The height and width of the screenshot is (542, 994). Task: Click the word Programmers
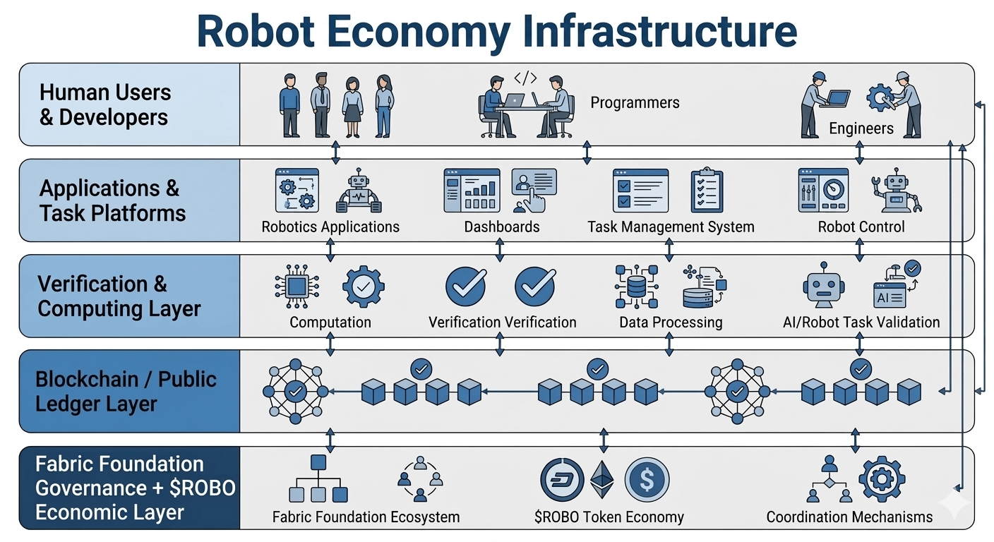635,103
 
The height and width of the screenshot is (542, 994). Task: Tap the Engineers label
861,128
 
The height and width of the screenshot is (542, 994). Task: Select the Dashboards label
501,227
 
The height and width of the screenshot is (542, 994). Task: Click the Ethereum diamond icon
602,480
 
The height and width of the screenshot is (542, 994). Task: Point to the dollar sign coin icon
647,480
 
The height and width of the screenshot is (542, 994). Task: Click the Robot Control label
861,227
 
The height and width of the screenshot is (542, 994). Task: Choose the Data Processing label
670,323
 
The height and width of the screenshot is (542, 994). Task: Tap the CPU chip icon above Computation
297,286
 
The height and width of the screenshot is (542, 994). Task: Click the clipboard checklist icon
707,190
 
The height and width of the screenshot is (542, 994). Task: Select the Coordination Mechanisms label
849,517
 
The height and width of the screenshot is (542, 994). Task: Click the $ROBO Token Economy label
609,517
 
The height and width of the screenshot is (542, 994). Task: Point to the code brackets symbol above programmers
525,78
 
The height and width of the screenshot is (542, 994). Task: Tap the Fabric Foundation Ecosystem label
366,517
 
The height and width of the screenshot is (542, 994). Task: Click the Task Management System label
670,227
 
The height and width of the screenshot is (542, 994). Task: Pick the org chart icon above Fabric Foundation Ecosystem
318,479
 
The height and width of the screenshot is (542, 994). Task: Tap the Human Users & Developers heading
104,104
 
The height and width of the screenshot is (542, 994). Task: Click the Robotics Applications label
330,227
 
